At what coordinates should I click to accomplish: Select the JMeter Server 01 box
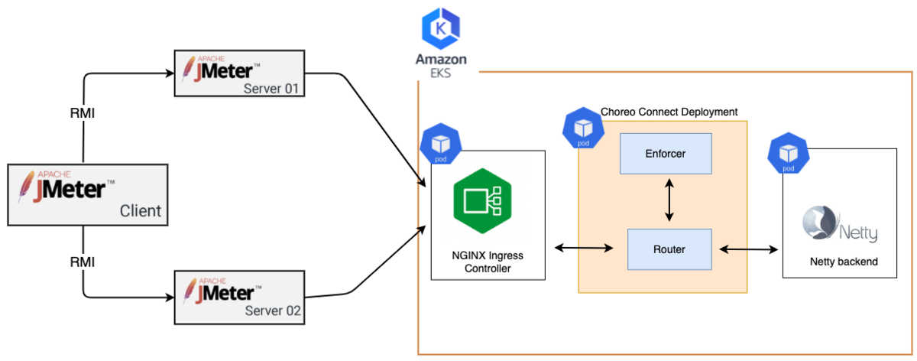point(240,73)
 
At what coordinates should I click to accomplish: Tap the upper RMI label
point(83,113)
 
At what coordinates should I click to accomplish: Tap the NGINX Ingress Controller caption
point(488,262)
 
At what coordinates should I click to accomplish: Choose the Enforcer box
point(665,154)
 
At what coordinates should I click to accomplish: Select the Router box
point(669,249)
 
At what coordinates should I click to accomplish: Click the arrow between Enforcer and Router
point(670,201)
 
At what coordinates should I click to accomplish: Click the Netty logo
point(839,224)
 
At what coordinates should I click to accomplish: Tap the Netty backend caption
point(844,262)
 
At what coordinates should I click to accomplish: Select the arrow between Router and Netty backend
point(749,249)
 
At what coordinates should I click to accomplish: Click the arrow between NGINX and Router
point(585,248)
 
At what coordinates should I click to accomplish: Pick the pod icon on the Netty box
point(788,154)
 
